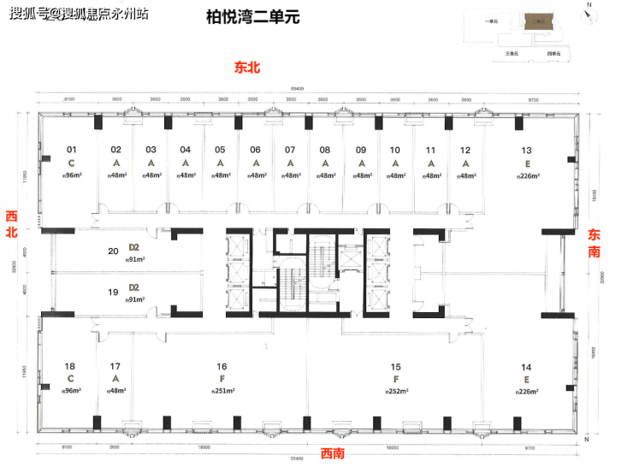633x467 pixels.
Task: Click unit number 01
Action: (72, 150)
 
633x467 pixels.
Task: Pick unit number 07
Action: (290, 150)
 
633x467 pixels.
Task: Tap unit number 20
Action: (113, 251)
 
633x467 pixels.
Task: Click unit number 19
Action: (113, 292)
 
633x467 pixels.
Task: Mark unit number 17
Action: (115, 365)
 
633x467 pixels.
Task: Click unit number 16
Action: (222, 365)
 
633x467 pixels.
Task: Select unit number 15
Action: (396, 365)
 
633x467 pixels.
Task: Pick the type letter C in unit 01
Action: (72, 163)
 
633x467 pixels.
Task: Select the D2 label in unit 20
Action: (133, 248)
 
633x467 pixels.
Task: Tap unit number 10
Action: (395, 150)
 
